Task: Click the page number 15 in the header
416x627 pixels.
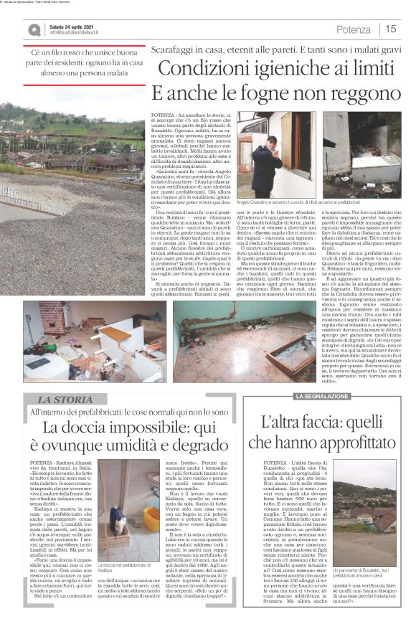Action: coord(391,29)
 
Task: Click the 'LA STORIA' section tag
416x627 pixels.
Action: coord(64,399)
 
